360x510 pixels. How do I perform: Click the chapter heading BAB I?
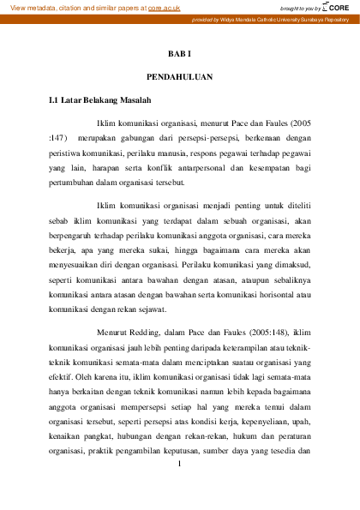click(179, 53)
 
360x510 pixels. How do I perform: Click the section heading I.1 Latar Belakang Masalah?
click(100, 101)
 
